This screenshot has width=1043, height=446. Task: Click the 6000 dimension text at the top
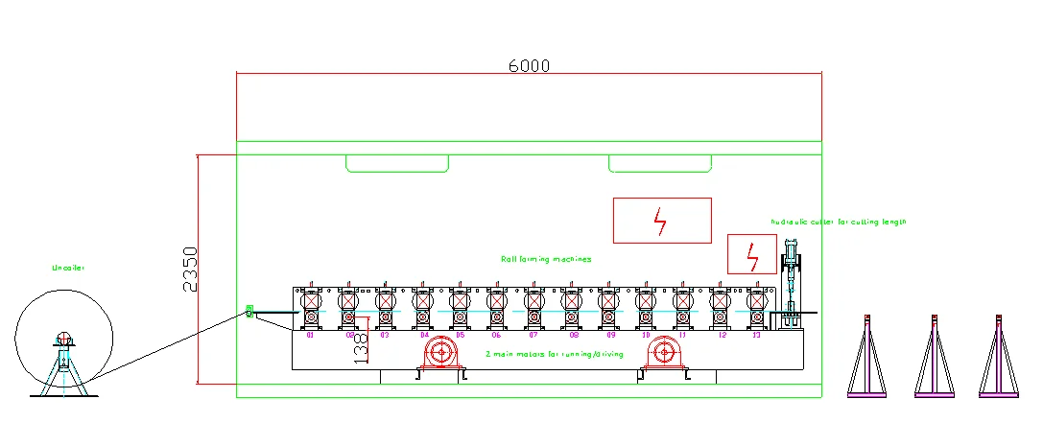pyautogui.click(x=529, y=65)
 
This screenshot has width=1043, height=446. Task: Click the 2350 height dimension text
pyautogui.click(x=190, y=270)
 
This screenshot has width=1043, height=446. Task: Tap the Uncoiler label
pyautogui.click(x=68, y=269)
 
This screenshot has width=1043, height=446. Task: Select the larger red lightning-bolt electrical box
pyautogui.click(x=662, y=221)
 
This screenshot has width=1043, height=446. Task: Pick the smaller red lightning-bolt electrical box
pyautogui.click(x=751, y=254)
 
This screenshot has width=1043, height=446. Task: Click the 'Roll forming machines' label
pyautogui.click(x=546, y=259)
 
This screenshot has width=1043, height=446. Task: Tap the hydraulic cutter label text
pyautogui.click(x=838, y=222)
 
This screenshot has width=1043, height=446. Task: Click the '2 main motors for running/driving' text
pyautogui.click(x=556, y=354)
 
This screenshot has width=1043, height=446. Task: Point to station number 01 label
pyautogui.click(x=310, y=336)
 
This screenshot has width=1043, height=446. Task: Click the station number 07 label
pyautogui.click(x=533, y=336)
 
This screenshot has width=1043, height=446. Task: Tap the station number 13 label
pyautogui.click(x=756, y=336)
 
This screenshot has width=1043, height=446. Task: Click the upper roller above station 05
pyautogui.click(x=459, y=301)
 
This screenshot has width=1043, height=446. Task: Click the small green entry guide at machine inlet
pyautogui.click(x=249, y=311)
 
